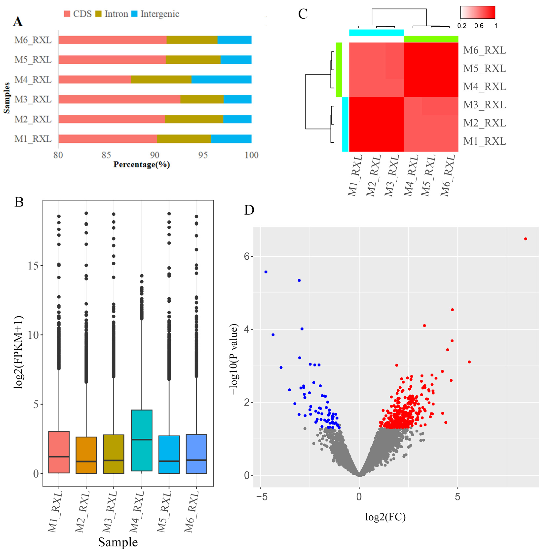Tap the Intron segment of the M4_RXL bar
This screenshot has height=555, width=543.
click(161, 79)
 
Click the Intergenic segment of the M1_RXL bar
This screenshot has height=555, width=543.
click(231, 139)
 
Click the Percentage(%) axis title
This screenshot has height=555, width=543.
click(142, 165)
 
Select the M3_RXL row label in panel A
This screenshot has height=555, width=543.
click(33, 99)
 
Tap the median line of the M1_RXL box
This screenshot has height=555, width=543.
click(59, 457)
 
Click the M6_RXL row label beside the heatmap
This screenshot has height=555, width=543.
click(485, 50)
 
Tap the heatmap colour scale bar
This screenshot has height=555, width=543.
click(478, 12)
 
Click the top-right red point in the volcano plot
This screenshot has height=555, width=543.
click(526, 239)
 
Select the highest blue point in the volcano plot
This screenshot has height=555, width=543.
click(266, 272)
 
